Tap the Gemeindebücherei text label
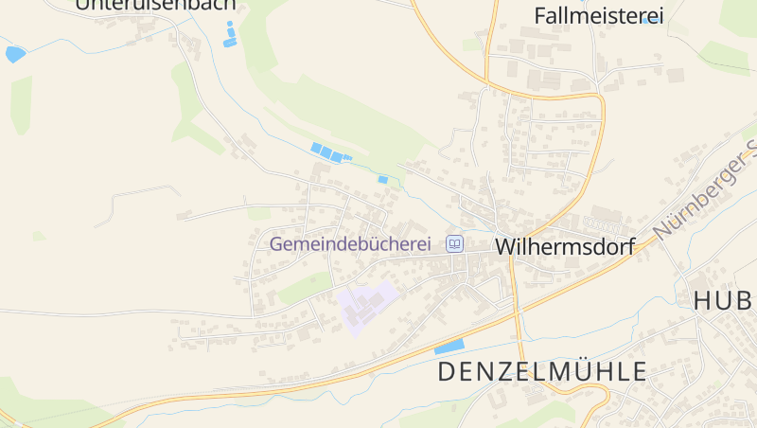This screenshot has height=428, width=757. coord(357,243)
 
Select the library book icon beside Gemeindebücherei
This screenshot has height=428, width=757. coord(455,244)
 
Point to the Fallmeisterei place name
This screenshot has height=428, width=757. coord(598,15)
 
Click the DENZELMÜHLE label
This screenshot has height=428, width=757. coord(541,371)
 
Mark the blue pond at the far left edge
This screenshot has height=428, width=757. coord(14,54)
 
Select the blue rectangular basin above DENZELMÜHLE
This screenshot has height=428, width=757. coord(449,346)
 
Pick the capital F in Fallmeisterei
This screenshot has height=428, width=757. coord(540,15)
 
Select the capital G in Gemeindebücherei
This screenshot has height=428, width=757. coord(277,243)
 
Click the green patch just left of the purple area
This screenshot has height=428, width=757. coord(305,286)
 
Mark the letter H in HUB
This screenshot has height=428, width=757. coord(703,301)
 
